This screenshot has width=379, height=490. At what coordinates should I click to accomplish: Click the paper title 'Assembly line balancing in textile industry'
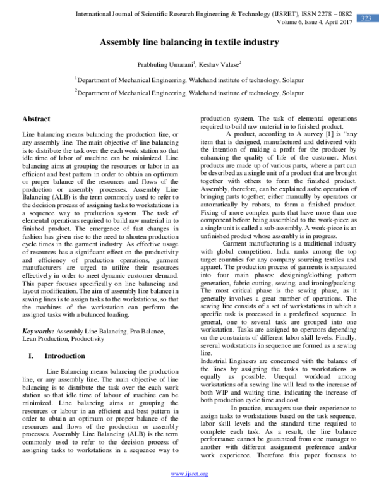click(x=189, y=42)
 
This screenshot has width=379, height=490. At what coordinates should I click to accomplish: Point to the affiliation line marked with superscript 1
click(x=189, y=80)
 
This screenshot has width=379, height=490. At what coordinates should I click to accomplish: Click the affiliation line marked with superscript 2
click(x=189, y=92)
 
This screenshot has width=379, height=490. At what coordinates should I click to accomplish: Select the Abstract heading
click(x=36, y=119)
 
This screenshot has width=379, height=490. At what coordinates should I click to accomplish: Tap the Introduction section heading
click(x=64, y=356)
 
